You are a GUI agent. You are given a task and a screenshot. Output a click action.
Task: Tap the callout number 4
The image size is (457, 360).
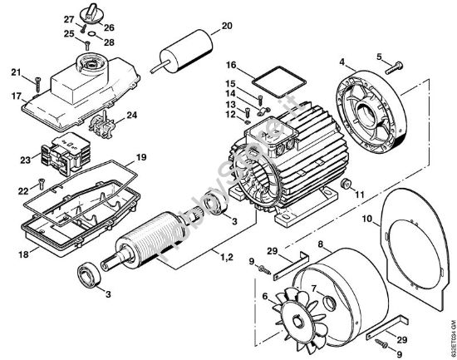(x=342, y=61)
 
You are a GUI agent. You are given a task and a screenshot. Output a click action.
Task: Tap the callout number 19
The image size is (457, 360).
(x=141, y=156)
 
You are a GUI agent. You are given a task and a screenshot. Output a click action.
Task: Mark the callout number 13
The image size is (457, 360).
(x=231, y=105)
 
